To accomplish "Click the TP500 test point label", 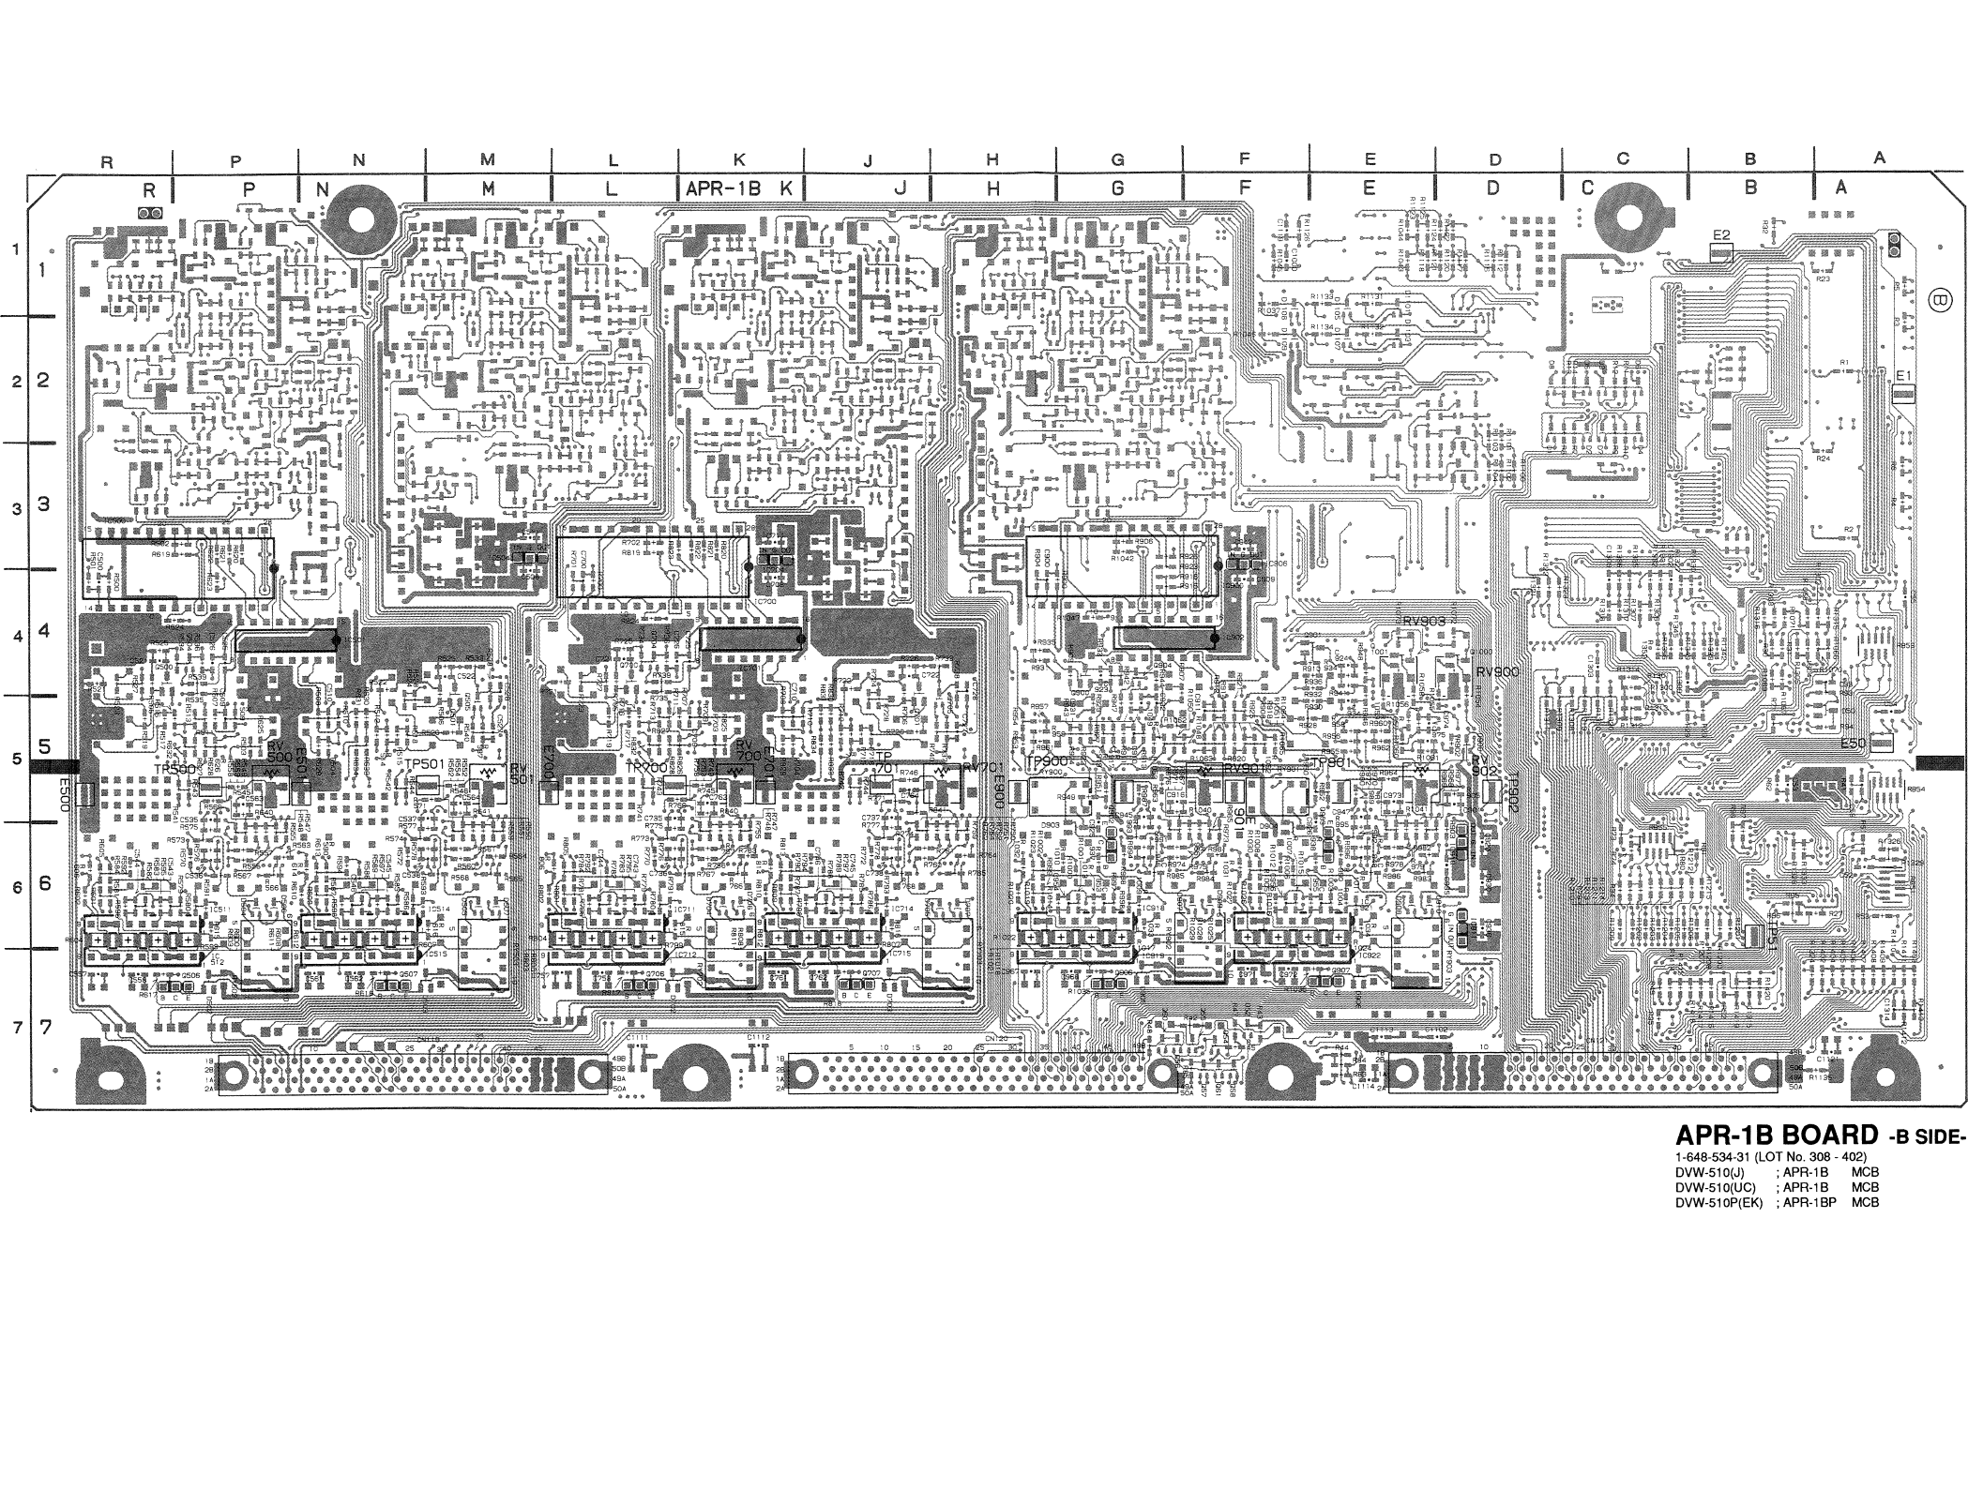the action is tap(175, 769).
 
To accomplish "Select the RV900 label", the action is tap(1496, 672).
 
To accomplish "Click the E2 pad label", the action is tap(1720, 233).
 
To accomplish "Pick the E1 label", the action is tap(1903, 375).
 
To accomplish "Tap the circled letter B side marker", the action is tap(1939, 300).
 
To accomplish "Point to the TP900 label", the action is tap(1045, 760).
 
